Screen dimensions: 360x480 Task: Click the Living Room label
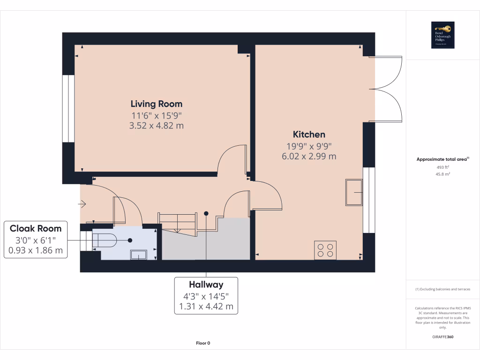point(156,104)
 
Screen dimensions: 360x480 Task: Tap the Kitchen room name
point(309,135)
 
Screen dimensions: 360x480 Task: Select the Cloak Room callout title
point(36,229)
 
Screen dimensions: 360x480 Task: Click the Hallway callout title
point(206,285)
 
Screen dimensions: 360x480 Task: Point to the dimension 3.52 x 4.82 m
point(156,126)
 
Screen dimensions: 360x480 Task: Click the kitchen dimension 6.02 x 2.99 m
point(309,157)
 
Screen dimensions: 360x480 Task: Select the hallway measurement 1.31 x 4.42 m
point(206,307)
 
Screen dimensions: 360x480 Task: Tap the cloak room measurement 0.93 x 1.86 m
point(36,251)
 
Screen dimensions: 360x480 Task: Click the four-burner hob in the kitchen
point(325,249)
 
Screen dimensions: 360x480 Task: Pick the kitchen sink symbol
point(354,193)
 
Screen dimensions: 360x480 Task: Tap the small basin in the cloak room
point(139,255)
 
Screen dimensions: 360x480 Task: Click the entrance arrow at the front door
point(83,204)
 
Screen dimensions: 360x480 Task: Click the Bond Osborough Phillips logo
point(443,35)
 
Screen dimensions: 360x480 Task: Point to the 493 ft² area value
point(442,167)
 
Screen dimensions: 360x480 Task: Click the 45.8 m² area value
point(442,174)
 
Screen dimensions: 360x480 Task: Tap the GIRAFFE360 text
point(442,337)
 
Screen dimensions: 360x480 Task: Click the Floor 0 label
point(203,343)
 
